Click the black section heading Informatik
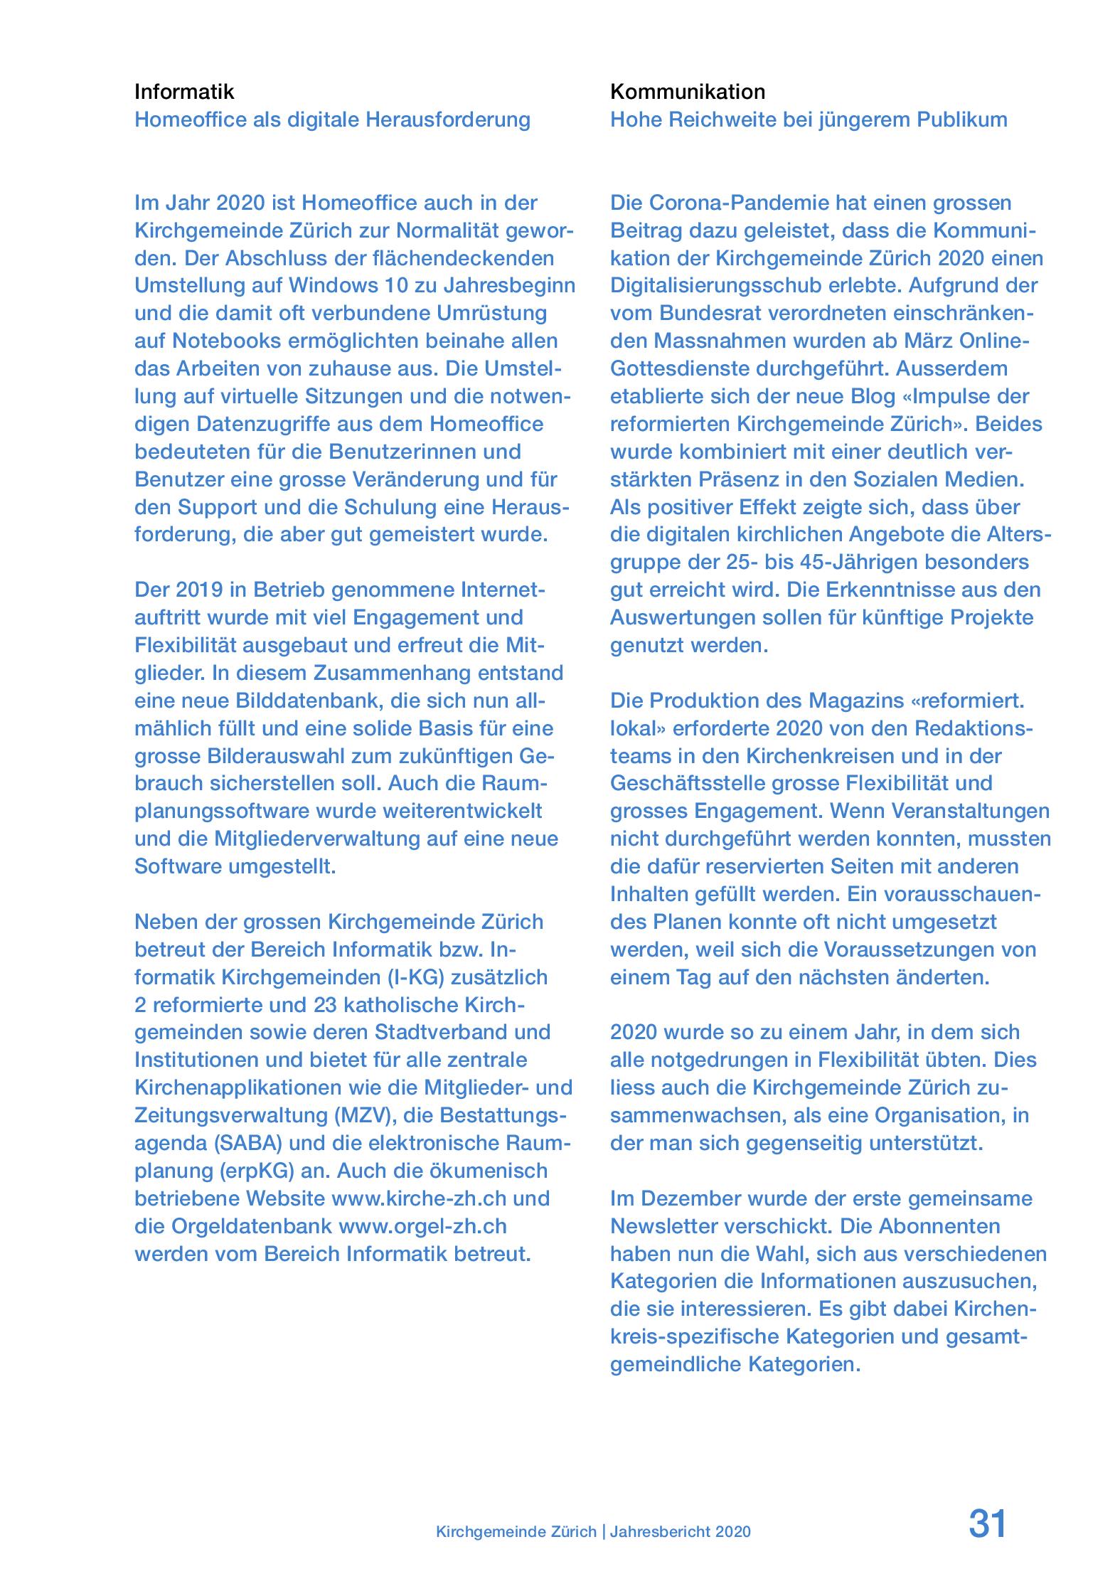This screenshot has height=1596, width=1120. (x=184, y=92)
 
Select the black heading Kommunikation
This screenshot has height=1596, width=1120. (x=688, y=92)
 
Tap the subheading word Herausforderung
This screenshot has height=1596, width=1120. (x=448, y=119)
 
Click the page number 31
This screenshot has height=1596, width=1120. (x=987, y=1524)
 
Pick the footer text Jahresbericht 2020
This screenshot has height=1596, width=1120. (x=680, y=1532)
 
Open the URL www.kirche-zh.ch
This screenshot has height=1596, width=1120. (x=420, y=1198)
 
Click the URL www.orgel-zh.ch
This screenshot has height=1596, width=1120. (x=422, y=1226)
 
